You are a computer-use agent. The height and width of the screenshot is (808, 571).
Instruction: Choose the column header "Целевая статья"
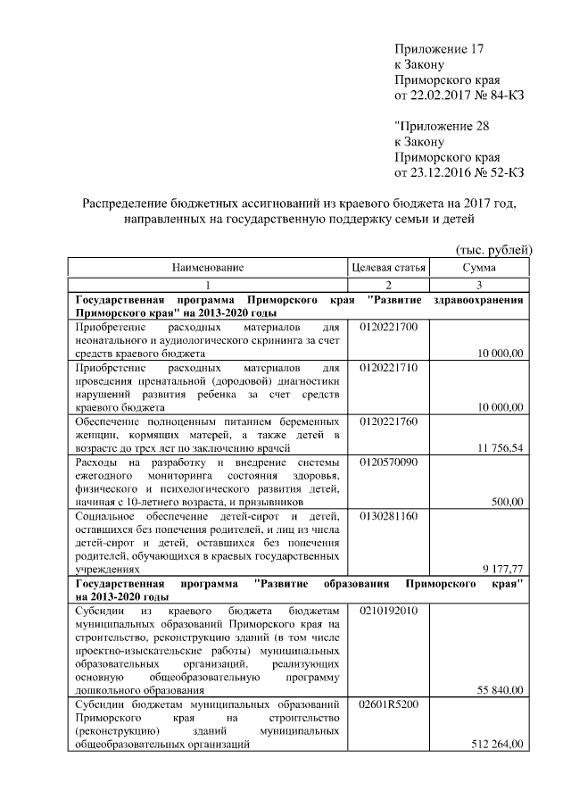tap(387, 267)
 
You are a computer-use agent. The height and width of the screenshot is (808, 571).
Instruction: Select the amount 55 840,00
tap(500, 690)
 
